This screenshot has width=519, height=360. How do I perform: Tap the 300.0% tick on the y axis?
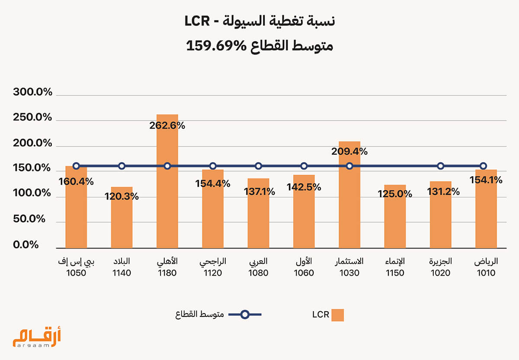point(32,92)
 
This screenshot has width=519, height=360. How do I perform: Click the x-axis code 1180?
point(167,273)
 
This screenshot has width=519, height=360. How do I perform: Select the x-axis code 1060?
point(304,273)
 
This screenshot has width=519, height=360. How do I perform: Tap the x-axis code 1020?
point(440,273)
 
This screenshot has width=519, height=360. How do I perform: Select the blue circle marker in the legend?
point(245,315)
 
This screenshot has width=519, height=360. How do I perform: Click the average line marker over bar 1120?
point(213,166)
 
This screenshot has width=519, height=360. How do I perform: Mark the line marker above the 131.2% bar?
point(440,166)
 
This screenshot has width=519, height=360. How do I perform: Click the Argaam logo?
point(37,337)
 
